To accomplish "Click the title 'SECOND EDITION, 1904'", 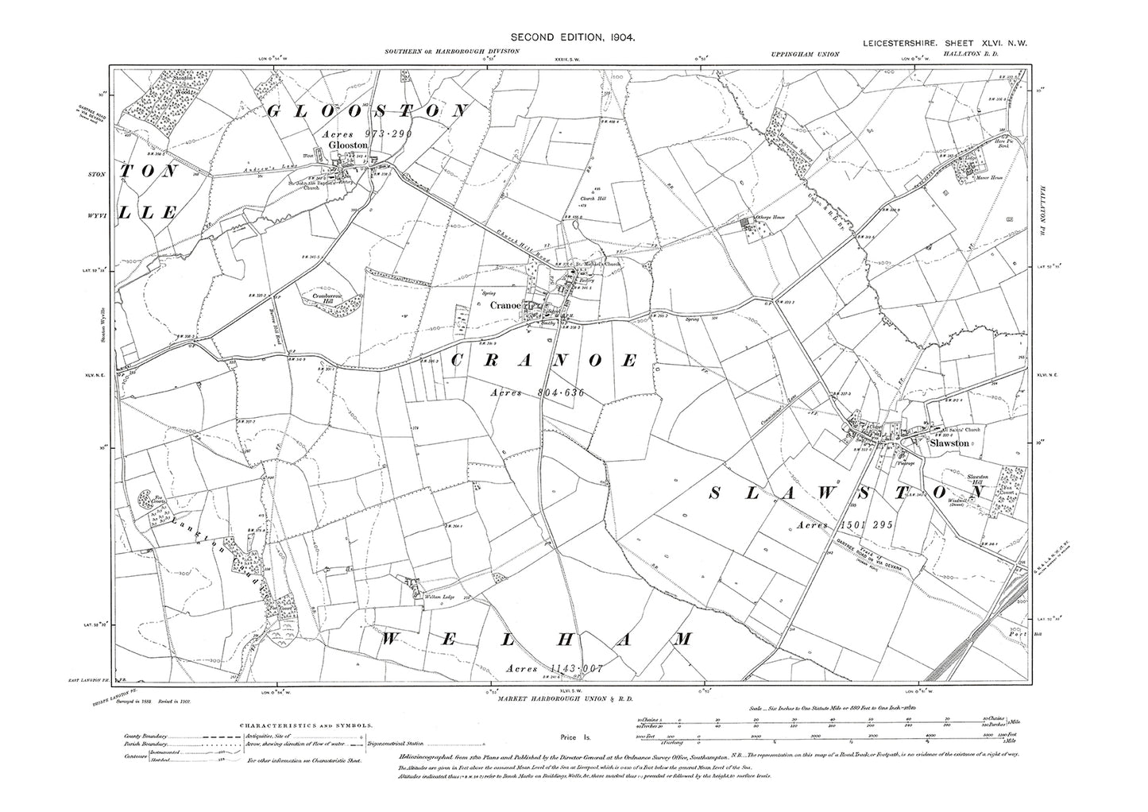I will coord(573,37).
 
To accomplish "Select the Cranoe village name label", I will coord(505,305).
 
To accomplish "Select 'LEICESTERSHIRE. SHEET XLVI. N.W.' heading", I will coord(945,45).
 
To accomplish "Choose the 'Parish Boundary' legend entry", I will coord(145,744).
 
